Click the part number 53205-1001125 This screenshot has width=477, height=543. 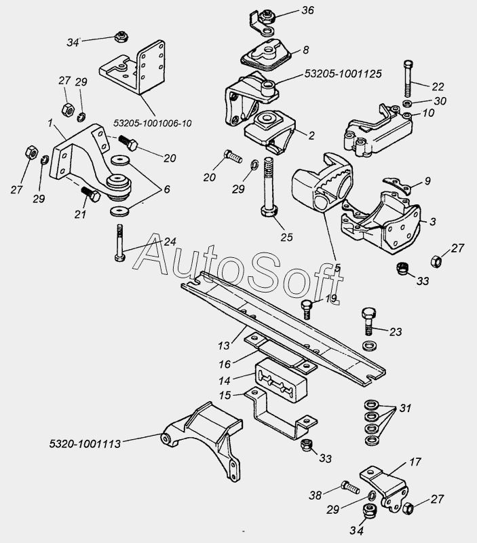pos(343,74)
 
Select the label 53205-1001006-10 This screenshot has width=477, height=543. pos(152,124)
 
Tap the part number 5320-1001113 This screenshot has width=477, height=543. pos(85,444)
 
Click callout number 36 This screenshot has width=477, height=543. pos(307,10)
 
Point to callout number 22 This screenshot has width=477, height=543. pos(438,86)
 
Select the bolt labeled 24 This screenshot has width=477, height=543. pos(119,242)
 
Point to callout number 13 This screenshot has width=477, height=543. pos(224,345)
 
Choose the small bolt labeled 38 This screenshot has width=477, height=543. pos(350,487)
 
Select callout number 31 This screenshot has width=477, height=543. pos(405,409)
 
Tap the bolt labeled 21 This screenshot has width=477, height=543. pos(91,195)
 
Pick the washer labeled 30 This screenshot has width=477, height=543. pos(408,103)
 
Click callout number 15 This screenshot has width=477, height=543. pos(225,395)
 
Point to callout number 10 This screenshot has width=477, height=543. pos(429,113)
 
